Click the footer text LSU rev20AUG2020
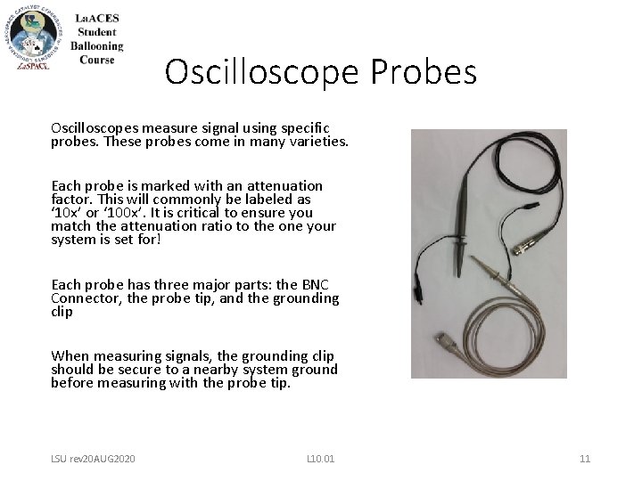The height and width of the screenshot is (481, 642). [93, 458]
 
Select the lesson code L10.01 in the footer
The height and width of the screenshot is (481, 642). [319, 458]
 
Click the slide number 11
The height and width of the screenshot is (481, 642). [584, 458]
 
